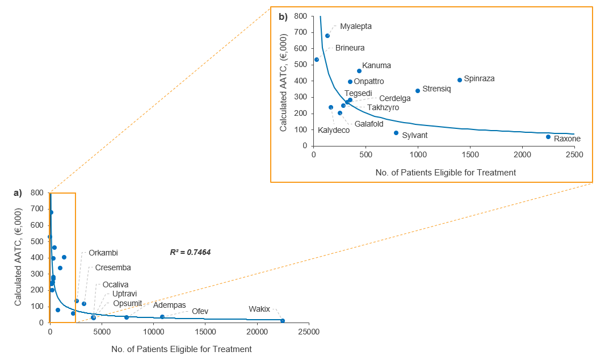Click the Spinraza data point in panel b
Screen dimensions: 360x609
[x=460, y=80]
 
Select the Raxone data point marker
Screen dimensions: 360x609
[x=548, y=137]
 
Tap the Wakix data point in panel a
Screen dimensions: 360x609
[x=283, y=321]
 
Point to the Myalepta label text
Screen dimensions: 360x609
[x=356, y=26]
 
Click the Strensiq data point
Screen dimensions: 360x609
[x=418, y=91]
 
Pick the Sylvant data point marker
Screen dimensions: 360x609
[x=396, y=133]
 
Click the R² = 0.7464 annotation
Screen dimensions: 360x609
[x=191, y=252]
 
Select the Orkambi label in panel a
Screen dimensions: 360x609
[x=103, y=253]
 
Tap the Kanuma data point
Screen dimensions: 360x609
[x=359, y=71]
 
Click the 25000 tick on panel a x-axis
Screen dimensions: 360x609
[x=309, y=333]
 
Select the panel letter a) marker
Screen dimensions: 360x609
[x=18, y=193]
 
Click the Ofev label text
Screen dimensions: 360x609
[x=200, y=311]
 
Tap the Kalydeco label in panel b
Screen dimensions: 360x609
[x=334, y=130]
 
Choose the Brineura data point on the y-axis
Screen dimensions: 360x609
[x=317, y=60]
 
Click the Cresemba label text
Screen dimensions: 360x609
[x=113, y=267]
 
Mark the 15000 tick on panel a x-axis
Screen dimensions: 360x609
[x=205, y=333]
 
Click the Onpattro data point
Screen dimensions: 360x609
[x=350, y=82]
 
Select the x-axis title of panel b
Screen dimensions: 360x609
[x=446, y=173]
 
